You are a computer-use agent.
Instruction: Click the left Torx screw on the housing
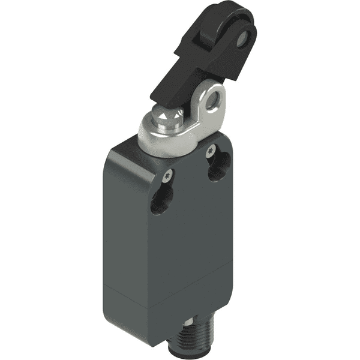tap(167, 175)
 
